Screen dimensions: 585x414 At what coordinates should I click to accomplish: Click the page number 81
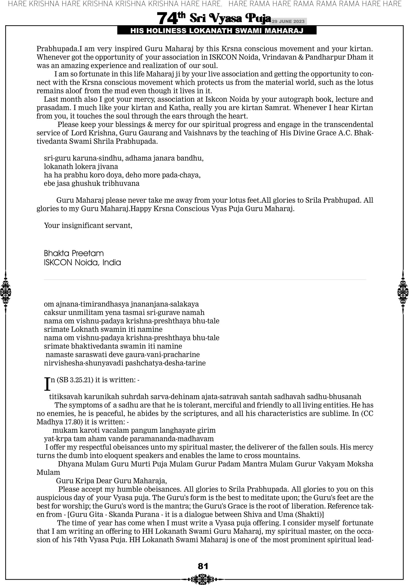pos(203,566)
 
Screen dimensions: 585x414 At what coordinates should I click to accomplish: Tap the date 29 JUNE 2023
pos(288,21)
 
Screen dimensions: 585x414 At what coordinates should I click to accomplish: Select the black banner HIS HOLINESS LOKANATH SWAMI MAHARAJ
pos(217,31)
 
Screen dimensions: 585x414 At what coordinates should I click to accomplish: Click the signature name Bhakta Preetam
pos(74,253)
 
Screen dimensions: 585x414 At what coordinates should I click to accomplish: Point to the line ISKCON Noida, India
pos(82,262)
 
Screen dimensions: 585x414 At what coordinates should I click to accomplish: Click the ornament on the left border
pos(6,292)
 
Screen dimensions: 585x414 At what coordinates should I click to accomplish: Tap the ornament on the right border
pos(403,292)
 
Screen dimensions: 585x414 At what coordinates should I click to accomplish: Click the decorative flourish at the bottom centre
pos(203,579)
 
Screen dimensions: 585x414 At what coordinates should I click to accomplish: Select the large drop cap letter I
pos(47,384)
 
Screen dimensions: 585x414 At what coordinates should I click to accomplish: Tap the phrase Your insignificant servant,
pos(88,225)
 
